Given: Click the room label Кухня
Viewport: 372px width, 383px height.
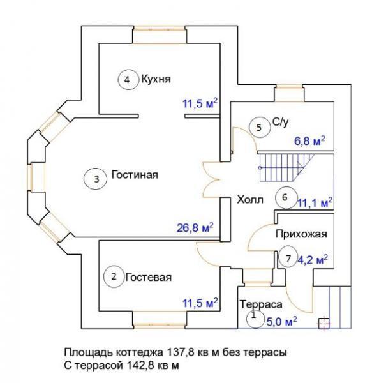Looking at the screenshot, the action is click(156, 79).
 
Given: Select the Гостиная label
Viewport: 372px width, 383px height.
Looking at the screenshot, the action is click(135, 175).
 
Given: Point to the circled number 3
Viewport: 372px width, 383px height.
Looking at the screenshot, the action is click(96, 179).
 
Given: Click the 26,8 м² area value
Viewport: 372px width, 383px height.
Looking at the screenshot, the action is click(195, 228).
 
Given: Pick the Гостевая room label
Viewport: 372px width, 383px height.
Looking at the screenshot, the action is click(149, 278).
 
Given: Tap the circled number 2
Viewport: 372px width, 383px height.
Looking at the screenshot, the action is click(114, 276).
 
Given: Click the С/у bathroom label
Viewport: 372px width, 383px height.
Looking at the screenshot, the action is click(281, 122).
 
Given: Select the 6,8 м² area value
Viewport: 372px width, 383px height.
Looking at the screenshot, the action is click(309, 141).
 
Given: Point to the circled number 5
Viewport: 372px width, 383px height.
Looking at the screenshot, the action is click(260, 128).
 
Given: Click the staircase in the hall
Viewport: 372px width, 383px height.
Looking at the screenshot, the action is click(286, 168).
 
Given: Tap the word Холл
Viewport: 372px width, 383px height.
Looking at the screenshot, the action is click(250, 200).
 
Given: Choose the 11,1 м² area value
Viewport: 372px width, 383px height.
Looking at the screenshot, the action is click(315, 203).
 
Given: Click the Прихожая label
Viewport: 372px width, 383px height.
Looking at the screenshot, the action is click(301, 234).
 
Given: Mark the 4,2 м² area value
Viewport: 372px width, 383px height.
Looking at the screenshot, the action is click(312, 260).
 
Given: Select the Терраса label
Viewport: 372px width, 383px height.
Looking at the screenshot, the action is click(261, 304).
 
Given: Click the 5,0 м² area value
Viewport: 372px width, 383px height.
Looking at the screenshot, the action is click(281, 322).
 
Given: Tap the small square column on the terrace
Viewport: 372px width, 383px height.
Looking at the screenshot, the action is click(324, 324).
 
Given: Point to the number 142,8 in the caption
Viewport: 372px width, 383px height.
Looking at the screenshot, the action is click(141, 366).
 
